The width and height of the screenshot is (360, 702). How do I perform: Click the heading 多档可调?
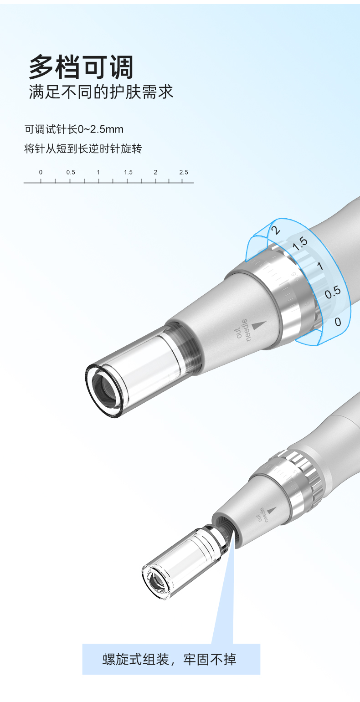click(81, 67)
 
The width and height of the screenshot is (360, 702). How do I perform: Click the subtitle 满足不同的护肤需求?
click(101, 92)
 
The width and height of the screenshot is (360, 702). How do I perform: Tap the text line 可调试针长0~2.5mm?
click(74, 129)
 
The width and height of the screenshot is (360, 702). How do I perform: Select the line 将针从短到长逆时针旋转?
click(83, 149)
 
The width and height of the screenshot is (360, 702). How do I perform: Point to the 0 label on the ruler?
click(41, 172)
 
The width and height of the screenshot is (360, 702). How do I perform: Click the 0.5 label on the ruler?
click(71, 172)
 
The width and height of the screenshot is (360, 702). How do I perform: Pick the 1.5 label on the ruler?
click(128, 172)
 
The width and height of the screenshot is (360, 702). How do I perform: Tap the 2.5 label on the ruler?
click(184, 172)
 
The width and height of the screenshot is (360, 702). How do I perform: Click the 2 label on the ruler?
click(155, 172)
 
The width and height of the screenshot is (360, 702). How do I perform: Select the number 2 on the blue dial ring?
click(276, 230)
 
